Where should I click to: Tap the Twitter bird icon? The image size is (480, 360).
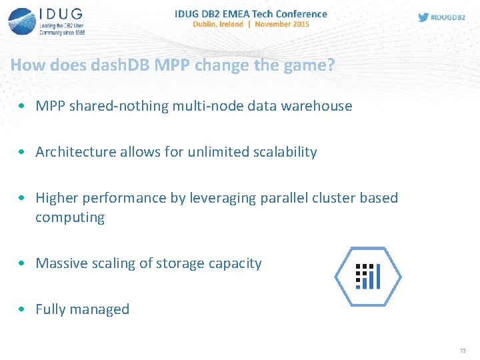coord(423,17)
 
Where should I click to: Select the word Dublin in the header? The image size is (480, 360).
coord(207,24)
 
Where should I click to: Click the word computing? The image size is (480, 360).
coord(70,217)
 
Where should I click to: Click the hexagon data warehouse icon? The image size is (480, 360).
coord(367,277)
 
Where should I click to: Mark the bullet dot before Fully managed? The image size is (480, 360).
coord(23,309)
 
